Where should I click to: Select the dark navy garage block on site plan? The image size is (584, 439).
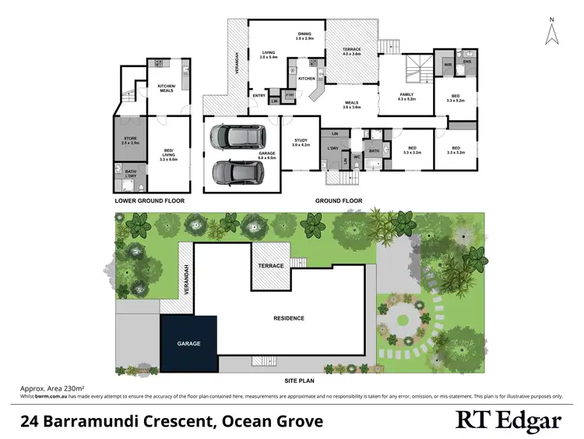(x=189, y=344)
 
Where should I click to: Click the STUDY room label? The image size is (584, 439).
(x=301, y=141)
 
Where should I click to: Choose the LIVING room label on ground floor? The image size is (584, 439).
(x=269, y=55)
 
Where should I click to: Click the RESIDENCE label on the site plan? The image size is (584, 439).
(x=288, y=318)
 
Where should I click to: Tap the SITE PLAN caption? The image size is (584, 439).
(x=299, y=381)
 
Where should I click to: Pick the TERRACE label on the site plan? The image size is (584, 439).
(x=270, y=266)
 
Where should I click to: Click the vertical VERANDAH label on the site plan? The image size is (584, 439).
(x=185, y=279)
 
